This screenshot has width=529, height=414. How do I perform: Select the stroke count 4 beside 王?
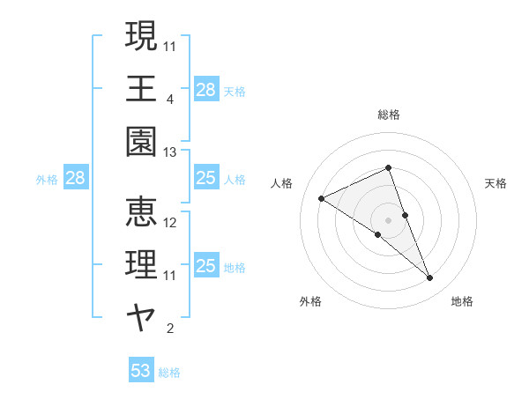(170, 100)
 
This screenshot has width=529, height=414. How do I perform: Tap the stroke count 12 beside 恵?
(170, 223)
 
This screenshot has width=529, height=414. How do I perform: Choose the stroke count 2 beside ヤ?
(170, 329)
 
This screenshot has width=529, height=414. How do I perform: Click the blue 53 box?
(141, 371)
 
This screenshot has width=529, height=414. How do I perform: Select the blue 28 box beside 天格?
(205, 89)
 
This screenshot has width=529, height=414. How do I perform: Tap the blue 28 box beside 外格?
(75, 179)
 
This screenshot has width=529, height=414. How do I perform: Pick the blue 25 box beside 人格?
(205, 179)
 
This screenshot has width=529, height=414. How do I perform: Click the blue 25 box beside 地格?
(205, 266)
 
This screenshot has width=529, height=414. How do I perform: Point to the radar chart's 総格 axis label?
(388, 115)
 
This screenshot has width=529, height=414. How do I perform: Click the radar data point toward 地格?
(429, 278)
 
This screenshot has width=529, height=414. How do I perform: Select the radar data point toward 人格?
(321, 198)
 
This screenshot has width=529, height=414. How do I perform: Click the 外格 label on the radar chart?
(310, 301)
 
